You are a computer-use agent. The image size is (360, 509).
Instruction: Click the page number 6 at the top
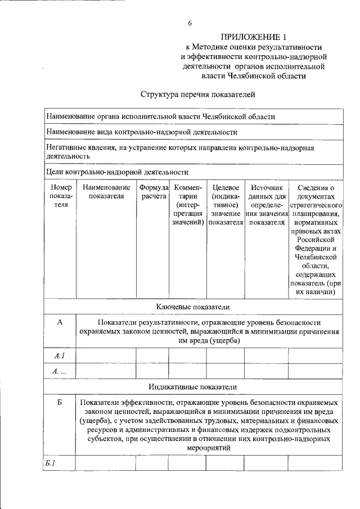click(190, 23)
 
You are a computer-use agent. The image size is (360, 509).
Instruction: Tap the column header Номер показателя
click(61, 196)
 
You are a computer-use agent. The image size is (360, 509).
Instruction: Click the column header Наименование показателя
click(106, 191)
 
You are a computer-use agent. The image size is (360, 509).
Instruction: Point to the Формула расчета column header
click(153, 191)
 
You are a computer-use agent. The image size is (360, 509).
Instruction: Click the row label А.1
click(60, 355)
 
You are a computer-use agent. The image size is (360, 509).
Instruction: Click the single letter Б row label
click(60, 403)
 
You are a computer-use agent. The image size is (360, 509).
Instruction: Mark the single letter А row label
click(60, 322)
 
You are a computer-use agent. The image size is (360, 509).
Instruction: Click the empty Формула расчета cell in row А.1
click(152, 355)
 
